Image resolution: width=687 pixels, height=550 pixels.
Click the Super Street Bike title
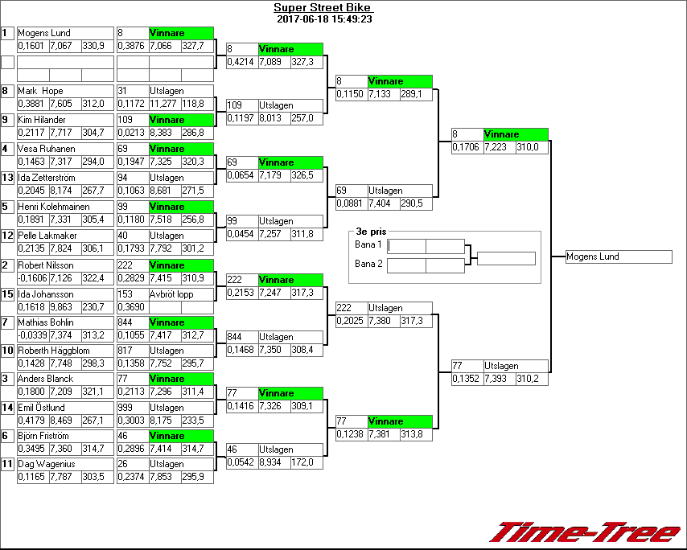pos(322,8)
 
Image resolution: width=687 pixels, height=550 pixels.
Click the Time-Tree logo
pos(586,532)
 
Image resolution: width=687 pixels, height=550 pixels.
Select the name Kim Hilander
pos(42,120)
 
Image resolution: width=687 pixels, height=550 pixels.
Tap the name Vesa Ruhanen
pos(46,149)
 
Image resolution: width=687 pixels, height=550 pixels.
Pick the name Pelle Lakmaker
pos(47,236)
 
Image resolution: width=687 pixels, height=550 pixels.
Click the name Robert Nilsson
pos(46,265)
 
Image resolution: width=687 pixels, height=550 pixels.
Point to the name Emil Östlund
pos(41,408)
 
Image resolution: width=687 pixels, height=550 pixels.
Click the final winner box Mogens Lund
pos(618,257)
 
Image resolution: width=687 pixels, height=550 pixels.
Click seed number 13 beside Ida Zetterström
pos(8,178)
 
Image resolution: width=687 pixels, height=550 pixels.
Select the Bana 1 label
pos(368,244)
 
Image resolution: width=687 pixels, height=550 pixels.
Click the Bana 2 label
pos(368,263)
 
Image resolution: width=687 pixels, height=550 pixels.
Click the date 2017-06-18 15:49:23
pos(323,19)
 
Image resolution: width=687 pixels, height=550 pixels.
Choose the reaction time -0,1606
pos(32,278)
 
